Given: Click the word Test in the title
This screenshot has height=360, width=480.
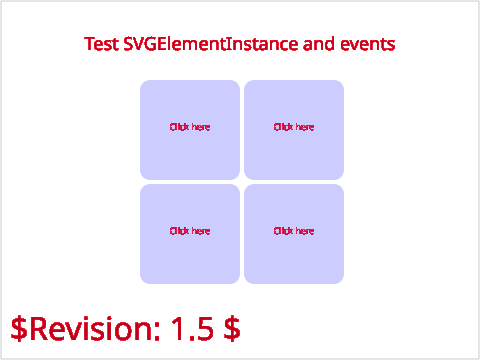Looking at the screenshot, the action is click(x=101, y=44).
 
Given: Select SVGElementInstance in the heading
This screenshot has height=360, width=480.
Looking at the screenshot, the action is click(x=211, y=44).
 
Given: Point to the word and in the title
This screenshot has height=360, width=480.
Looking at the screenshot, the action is click(x=318, y=44).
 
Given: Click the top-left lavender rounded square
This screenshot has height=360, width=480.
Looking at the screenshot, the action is click(x=190, y=130).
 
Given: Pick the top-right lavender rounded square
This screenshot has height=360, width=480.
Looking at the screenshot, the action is click(x=294, y=130).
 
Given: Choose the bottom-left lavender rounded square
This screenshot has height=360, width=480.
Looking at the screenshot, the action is click(x=190, y=234).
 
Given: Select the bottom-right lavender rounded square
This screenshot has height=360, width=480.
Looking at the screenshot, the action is click(x=294, y=234).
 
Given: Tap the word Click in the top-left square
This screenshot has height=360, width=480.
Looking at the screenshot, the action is click(x=179, y=127).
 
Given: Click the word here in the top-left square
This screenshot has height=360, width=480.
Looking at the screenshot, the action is click(x=201, y=127).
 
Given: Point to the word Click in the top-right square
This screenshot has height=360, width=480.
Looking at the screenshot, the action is click(x=283, y=127).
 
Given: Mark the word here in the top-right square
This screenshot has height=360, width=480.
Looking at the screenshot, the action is click(x=305, y=127).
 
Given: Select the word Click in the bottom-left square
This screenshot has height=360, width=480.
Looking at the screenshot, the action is click(x=179, y=231).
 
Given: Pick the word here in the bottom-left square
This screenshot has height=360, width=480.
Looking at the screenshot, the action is click(x=201, y=231).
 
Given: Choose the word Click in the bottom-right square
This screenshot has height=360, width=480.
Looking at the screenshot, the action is click(x=283, y=231).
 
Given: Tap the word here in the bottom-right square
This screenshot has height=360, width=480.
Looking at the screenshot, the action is click(x=305, y=231).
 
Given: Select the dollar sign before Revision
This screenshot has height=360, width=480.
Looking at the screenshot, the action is click(x=19, y=329).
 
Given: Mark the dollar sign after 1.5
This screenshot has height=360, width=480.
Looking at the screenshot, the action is click(x=232, y=329).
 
